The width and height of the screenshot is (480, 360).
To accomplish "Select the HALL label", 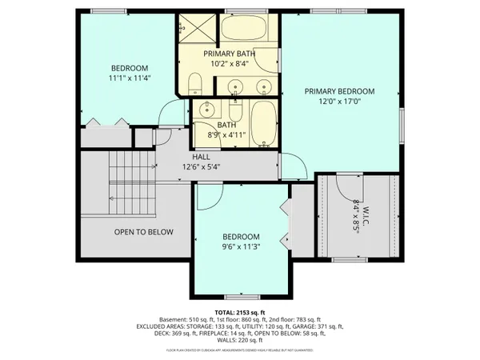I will (x=200, y=157).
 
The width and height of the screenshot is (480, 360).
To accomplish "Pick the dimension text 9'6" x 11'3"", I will (x=240, y=247).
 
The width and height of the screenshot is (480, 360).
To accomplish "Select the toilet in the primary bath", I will (x=194, y=83).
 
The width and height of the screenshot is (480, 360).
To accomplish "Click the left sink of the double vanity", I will (x=234, y=86).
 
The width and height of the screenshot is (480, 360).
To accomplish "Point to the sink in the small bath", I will (x=207, y=110).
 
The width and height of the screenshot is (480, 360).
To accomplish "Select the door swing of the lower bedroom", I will (x=210, y=195).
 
